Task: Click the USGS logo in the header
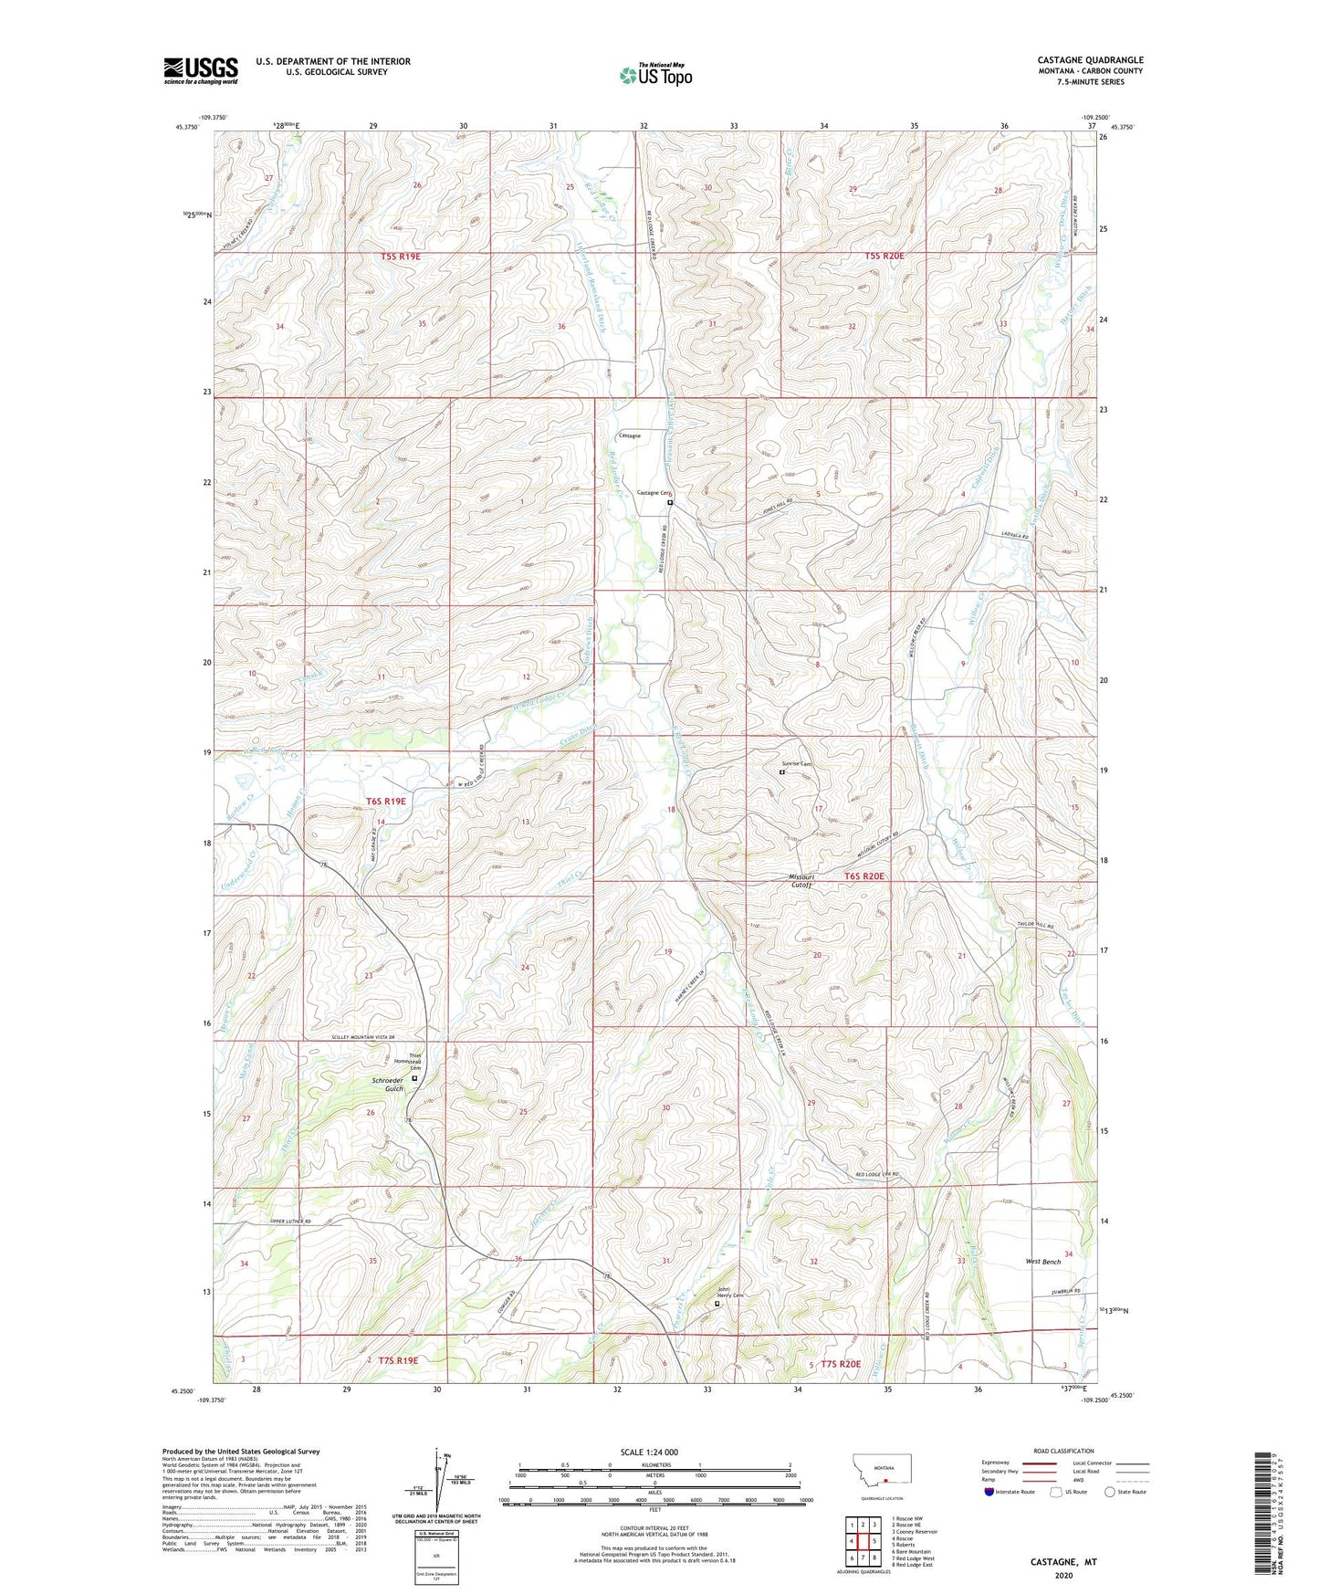coord(201,70)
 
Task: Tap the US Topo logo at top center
coord(655,74)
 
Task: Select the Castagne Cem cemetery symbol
coord(669,503)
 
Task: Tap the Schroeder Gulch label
coord(387,1085)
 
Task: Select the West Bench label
coord(1042,1262)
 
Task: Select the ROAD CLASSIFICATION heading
coord(1063,1452)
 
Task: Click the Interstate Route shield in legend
coord(989,1493)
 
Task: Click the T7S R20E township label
coord(841,1364)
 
